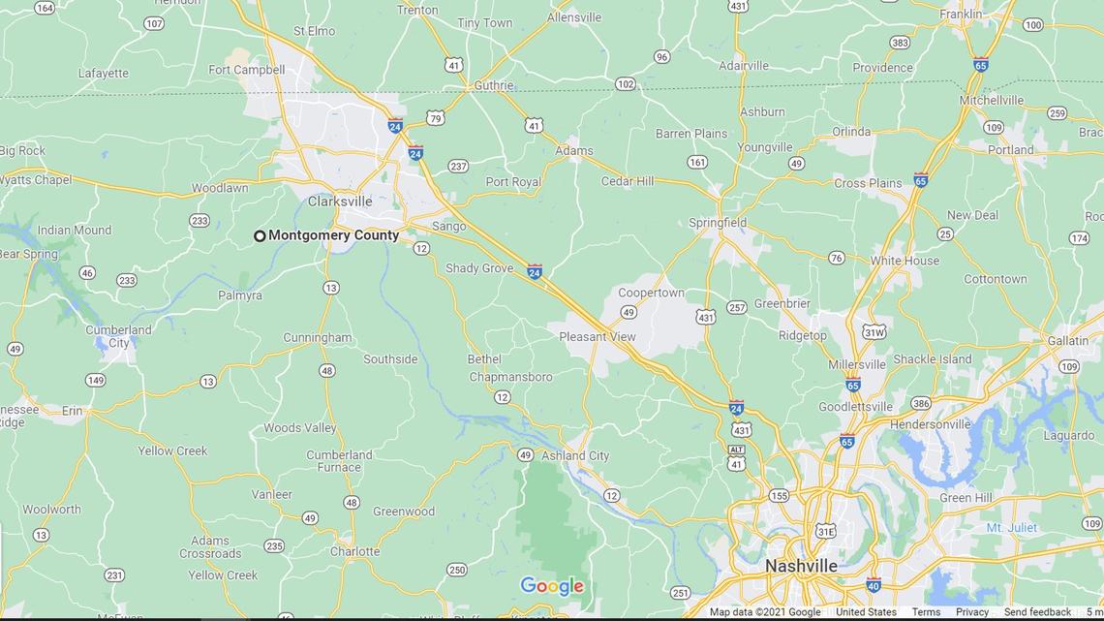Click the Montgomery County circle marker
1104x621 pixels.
click(260, 235)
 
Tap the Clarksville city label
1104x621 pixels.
click(340, 202)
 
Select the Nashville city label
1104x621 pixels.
click(801, 566)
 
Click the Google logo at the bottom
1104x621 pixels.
click(552, 585)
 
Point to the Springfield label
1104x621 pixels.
click(718, 223)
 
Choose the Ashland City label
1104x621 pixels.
click(575, 455)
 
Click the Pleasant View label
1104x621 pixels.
click(598, 337)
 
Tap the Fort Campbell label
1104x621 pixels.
click(246, 70)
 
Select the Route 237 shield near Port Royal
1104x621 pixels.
click(458, 167)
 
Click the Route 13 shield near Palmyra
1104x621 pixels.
click(331, 288)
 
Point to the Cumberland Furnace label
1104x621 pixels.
click(339, 461)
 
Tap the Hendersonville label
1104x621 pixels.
click(930, 424)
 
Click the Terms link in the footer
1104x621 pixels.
click(926, 612)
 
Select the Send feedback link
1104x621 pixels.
click(1037, 612)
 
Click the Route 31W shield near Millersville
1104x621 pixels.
click(874, 332)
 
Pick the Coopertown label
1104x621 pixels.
click(651, 293)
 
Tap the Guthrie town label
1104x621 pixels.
click(493, 85)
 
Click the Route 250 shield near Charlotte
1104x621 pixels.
click(456, 570)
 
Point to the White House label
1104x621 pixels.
click(905, 261)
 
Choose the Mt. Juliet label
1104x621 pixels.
click(1012, 528)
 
